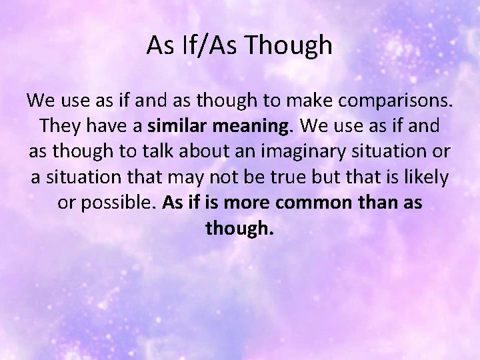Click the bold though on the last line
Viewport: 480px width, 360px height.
[239, 228]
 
